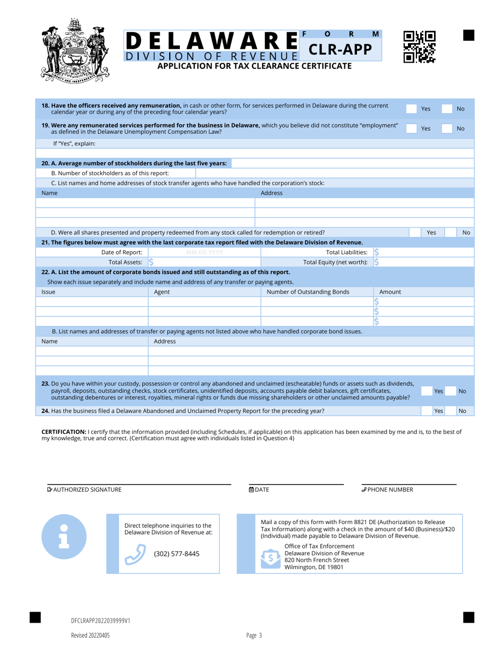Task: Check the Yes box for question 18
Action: [412, 109]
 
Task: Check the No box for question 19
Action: [449, 128]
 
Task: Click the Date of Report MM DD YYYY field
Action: [204, 252]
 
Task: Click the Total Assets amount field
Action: [204, 262]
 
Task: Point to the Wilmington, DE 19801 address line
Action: [314, 567]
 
